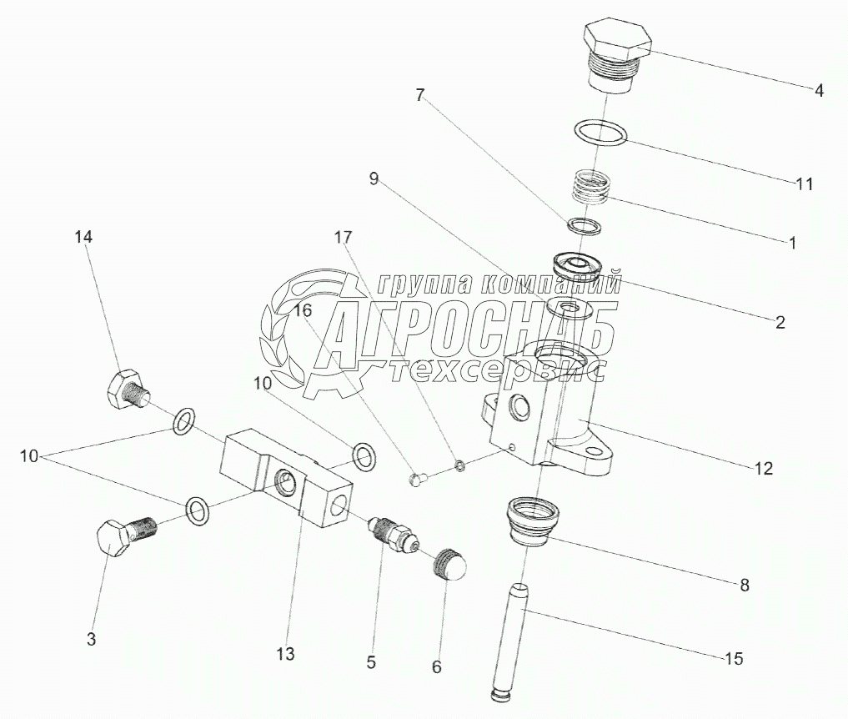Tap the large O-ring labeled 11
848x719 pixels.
click(x=600, y=133)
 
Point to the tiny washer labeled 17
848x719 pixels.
click(x=458, y=465)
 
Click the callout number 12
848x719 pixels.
click(x=764, y=468)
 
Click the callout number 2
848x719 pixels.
click(x=780, y=322)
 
